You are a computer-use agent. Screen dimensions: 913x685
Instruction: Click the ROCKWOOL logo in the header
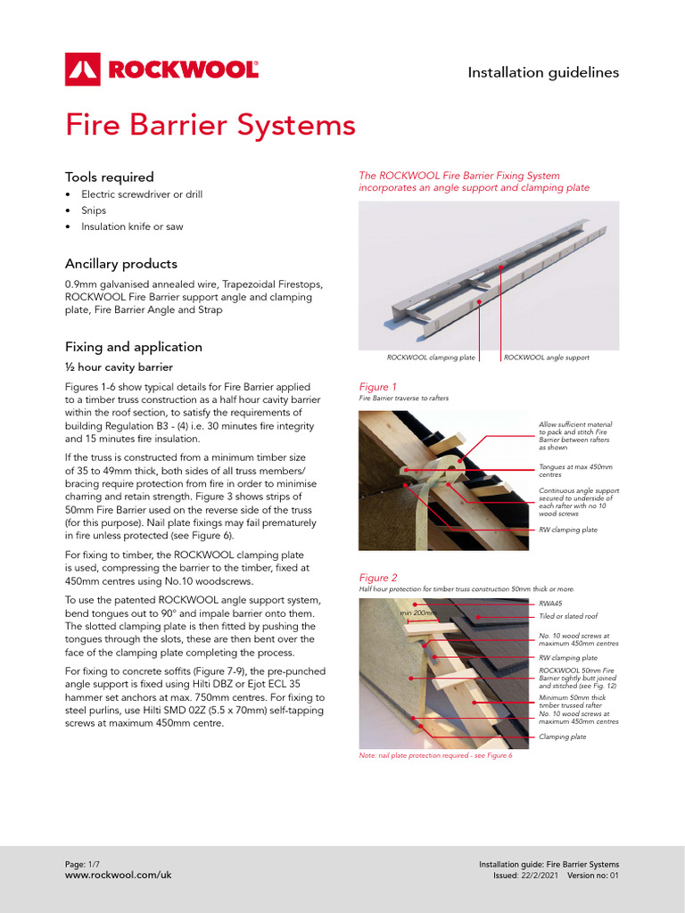pos(161,69)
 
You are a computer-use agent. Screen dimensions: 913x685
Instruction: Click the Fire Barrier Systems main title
pos(210,125)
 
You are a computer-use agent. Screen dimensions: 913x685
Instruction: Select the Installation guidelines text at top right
pos(543,73)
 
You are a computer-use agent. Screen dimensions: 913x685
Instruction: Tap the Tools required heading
pos(109,177)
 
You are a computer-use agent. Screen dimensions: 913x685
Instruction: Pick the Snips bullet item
pos(94,210)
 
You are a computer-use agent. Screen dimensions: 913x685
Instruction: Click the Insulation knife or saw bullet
pos(132,226)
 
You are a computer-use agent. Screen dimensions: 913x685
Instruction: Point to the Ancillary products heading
pos(120,264)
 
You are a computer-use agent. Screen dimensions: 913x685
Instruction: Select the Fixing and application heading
pos(133,347)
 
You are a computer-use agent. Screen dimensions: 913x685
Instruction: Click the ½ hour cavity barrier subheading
pos(119,367)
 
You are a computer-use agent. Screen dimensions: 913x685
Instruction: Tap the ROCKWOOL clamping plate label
pos(431,358)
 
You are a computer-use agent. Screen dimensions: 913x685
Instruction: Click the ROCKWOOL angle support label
pos(547,358)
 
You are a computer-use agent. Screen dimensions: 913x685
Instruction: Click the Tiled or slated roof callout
pos(568,616)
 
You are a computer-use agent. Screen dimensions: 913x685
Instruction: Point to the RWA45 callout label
pos(550,604)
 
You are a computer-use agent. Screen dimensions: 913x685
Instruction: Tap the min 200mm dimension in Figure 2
pos(417,613)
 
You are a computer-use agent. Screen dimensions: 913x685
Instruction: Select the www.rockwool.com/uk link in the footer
pos(118,876)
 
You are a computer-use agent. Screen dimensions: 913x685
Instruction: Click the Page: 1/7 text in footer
pos(86,865)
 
